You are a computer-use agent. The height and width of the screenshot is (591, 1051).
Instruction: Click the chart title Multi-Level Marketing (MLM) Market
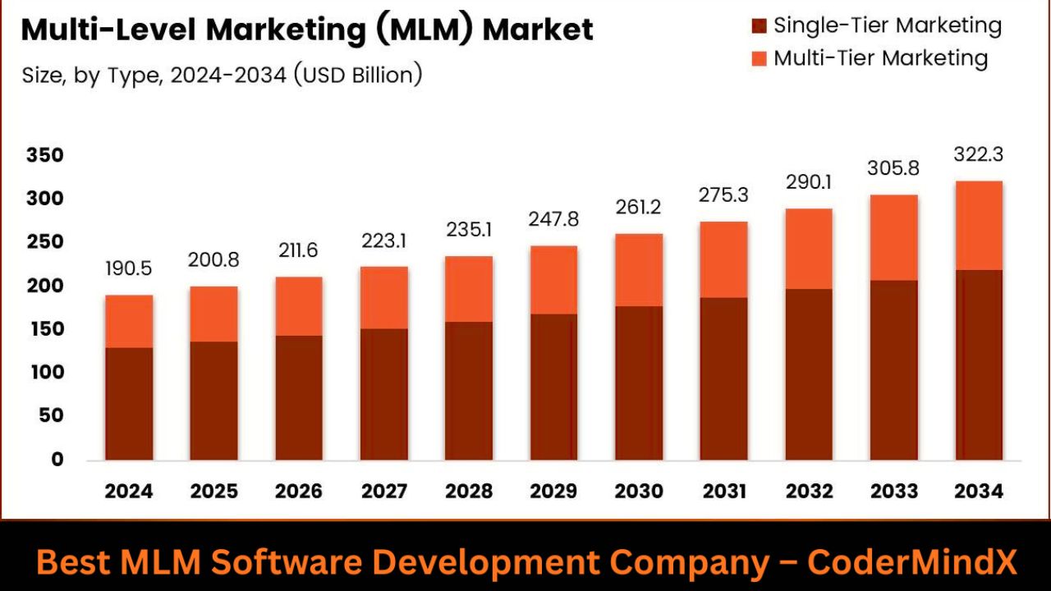click(x=306, y=30)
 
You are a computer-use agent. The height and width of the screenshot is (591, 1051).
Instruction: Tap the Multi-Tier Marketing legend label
click(x=880, y=58)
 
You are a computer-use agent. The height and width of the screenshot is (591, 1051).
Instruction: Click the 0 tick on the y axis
click(x=57, y=459)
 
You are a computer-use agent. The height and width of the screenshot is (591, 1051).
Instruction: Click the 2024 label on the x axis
click(x=129, y=492)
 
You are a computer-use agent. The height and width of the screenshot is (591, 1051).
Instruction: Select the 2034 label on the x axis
click(x=979, y=492)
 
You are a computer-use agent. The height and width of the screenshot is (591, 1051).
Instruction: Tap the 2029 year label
click(x=553, y=492)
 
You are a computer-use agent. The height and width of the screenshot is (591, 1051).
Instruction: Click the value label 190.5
click(x=129, y=268)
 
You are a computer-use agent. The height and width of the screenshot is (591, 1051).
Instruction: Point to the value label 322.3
click(x=979, y=154)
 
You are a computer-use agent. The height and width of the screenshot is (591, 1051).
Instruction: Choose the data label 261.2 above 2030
click(x=639, y=208)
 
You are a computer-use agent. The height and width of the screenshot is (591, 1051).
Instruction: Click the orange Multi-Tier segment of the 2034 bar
click(x=979, y=225)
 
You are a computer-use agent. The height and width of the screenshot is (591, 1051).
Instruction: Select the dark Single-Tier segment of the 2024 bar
click(x=129, y=404)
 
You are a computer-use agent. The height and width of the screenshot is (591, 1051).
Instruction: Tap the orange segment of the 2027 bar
click(x=384, y=297)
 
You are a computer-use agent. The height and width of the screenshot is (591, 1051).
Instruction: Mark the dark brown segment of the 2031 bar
click(x=723, y=378)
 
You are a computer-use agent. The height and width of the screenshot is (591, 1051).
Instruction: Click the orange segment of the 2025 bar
click(x=214, y=314)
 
